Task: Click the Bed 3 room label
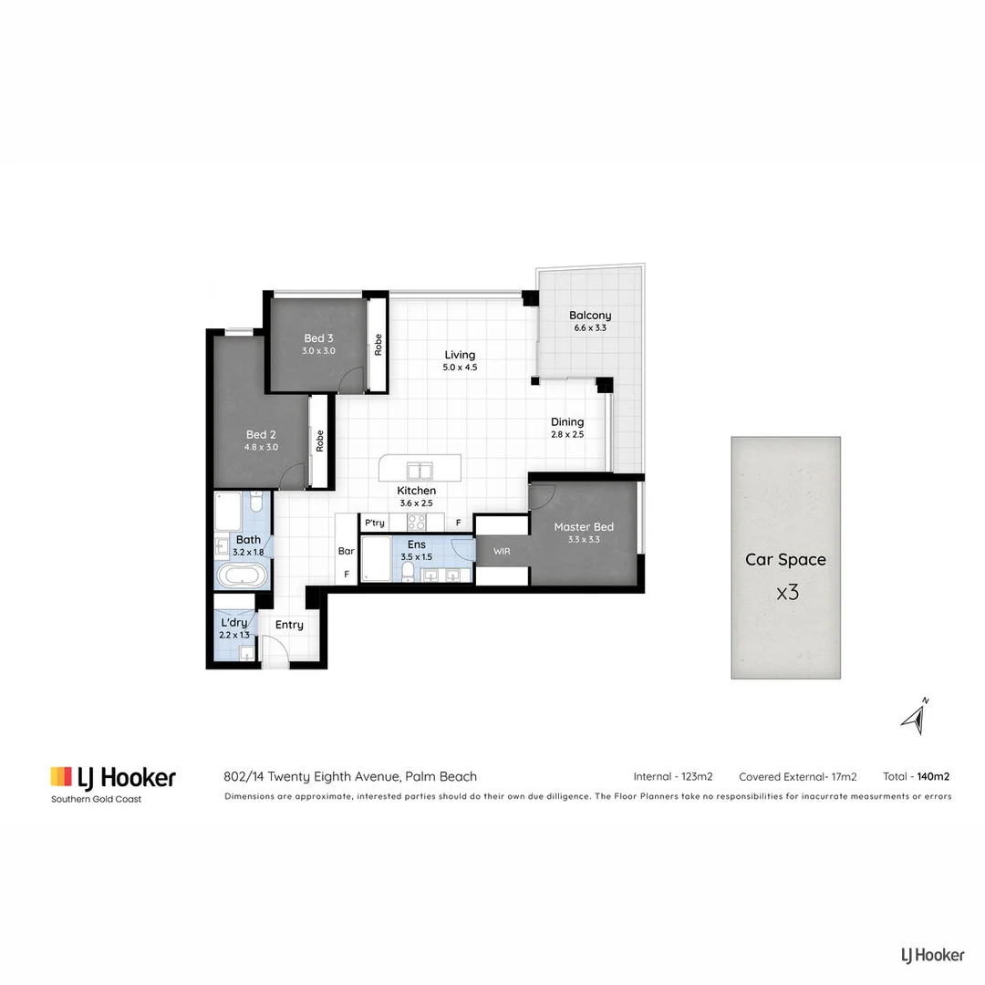click(319, 337)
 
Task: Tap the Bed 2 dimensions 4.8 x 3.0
click(261, 448)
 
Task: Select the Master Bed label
click(584, 526)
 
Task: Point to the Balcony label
click(590, 316)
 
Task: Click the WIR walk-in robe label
click(502, 552)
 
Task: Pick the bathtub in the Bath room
click(242, 575)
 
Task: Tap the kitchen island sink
click(419, 471)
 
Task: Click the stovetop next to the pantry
click(416, 523)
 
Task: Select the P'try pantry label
click(374, 524)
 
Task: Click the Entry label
click(289, 625)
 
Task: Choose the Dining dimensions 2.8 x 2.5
click(566, 435)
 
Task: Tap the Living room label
click(460, 355)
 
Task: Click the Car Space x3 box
click(785, 557)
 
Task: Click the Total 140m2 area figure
click(917, 777)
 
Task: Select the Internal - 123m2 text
click(673, 777)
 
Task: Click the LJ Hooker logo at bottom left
click(112, 778)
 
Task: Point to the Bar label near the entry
click(347, 551)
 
